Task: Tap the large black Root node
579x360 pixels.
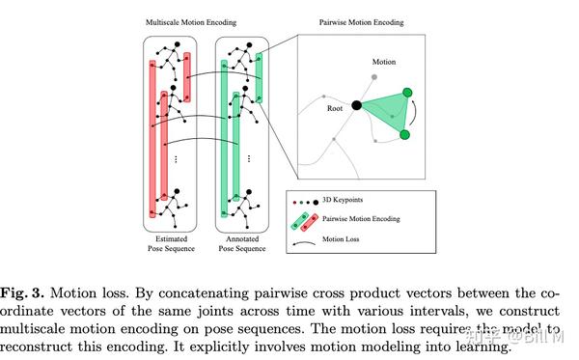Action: click(x=356, y=105)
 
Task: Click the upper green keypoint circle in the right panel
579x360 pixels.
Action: click(x=406, y=94)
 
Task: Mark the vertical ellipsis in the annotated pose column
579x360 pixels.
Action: click(x=248, y=157)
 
